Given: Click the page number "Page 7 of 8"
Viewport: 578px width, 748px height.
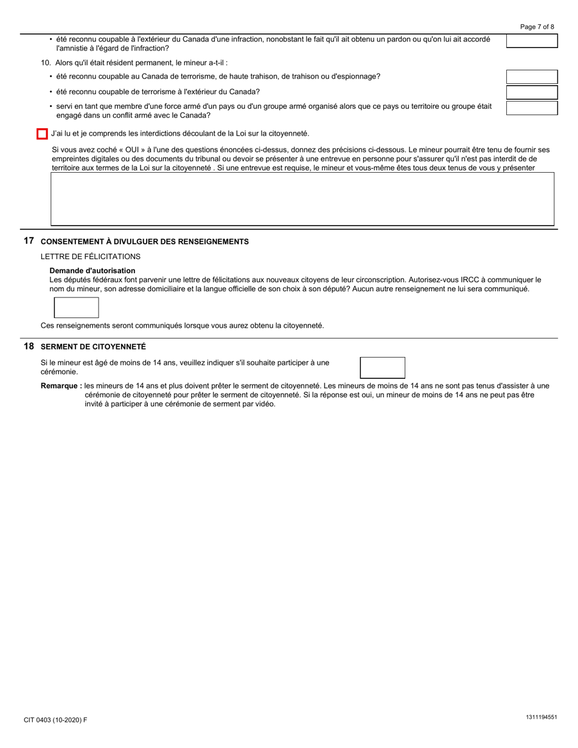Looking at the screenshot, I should click(x=537, y=27).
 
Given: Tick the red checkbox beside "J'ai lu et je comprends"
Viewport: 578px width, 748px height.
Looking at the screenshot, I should click(x=42, y=134).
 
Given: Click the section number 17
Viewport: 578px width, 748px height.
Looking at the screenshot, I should click(x=29, y=241).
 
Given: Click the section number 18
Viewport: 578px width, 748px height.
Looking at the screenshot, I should click(x=29, y=346).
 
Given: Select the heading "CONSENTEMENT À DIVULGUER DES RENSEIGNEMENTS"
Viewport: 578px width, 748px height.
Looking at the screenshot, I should click(x=144, y=242).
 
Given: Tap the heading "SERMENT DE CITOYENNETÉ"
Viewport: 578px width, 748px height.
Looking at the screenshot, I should click(x=93, y=347).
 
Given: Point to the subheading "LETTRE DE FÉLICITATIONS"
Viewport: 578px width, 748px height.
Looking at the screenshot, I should click(x=91, y=257).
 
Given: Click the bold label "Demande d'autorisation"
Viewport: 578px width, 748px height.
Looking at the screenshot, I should click(x=92, y=271).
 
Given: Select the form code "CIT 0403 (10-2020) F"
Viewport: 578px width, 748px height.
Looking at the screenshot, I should click(x=55, y=720).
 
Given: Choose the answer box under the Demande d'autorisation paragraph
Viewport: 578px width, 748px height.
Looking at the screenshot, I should click(x=77, y=308).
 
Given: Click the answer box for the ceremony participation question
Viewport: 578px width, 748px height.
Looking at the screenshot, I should click(x=382, y=367).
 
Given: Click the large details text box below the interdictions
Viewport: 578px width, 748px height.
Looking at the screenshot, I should click(x=302, y=199).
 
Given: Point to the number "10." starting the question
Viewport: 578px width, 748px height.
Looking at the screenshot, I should click(x=46, y=63).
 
